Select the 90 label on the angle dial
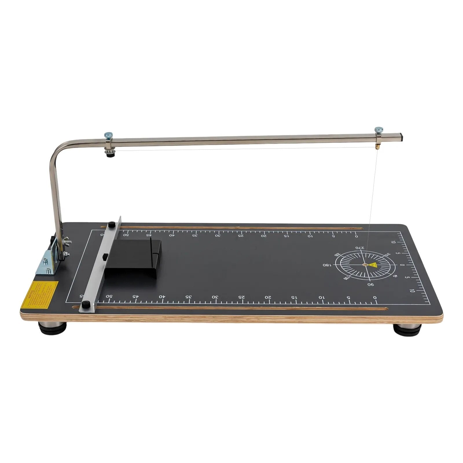[371, 284]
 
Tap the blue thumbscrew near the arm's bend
[109, 135]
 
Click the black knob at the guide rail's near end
[86, 304]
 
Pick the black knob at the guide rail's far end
[111, 224]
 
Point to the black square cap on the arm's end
[401, 137]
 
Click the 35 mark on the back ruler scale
[196, 235]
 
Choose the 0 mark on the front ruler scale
[375, 297]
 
